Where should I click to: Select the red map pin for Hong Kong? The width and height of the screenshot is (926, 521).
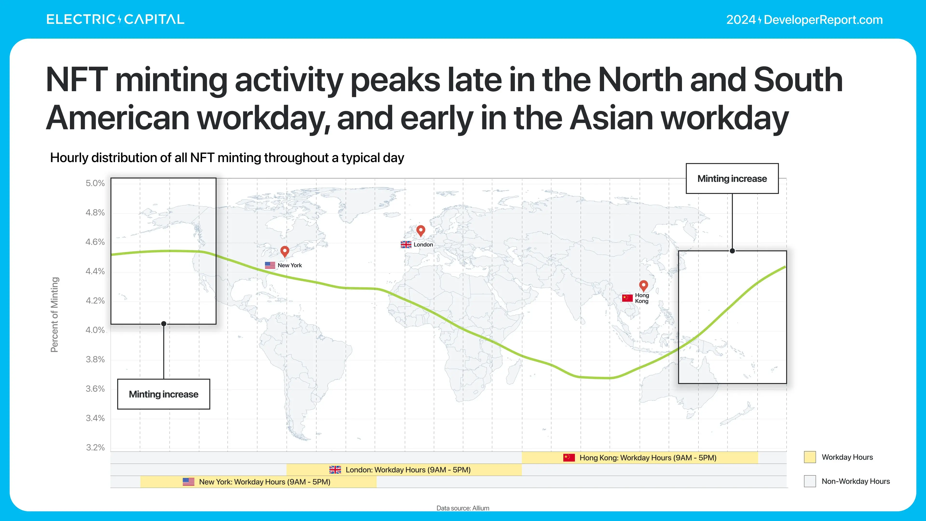[643, 286]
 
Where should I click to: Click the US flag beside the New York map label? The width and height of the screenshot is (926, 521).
[270, 265]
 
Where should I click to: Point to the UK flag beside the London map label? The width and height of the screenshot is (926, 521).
[406, 245]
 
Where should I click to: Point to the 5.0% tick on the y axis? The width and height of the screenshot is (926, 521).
[95, 183]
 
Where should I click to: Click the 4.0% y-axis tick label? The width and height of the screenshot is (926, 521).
[95, 330]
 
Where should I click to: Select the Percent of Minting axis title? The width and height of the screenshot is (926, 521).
[54, 315]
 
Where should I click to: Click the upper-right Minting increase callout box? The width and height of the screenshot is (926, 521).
[732, 179]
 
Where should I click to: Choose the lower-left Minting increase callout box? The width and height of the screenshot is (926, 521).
[163, 394]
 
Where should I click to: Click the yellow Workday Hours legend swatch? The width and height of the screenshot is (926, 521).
[810, 457]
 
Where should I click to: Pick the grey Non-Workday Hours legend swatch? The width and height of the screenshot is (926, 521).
[810, 481]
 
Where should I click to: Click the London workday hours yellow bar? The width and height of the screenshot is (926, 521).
[404, 470]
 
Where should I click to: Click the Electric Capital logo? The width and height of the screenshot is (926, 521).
[116, 19]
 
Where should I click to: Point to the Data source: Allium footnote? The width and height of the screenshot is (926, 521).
[463, 508]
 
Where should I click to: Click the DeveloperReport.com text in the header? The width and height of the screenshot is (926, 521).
[823, 20]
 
